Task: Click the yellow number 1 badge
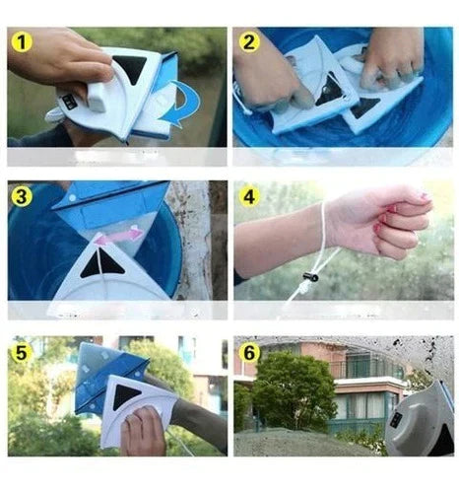point(22,42)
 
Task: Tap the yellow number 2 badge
point(249,42)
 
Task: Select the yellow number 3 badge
point(22,197)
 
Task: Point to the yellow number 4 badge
point(249,197)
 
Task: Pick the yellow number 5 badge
point(22,352)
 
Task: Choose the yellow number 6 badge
point(249,352)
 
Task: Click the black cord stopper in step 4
point(311,277)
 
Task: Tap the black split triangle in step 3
point(102,263)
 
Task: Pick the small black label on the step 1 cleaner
point(70,102)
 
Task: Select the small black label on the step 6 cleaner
point(396,420)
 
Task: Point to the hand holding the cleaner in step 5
point(143,431)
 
